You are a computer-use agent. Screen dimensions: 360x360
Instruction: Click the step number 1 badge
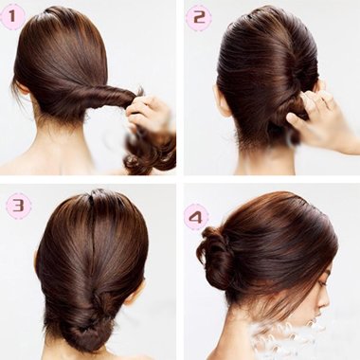[x=13, y=17]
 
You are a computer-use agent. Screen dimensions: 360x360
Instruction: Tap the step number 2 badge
[x=198, y=18]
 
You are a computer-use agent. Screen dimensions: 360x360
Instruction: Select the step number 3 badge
[x=19, y=207]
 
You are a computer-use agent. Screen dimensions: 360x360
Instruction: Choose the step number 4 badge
[x=196, y=218]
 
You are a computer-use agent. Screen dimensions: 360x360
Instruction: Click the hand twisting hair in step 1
[x=148, y=112]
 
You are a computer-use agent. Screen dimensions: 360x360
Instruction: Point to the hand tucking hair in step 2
[x=319, y=121]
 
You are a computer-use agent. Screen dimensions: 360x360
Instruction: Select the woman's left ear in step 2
[x=222, y=101]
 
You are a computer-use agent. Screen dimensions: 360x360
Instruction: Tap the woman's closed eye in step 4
[x=320, y=283]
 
